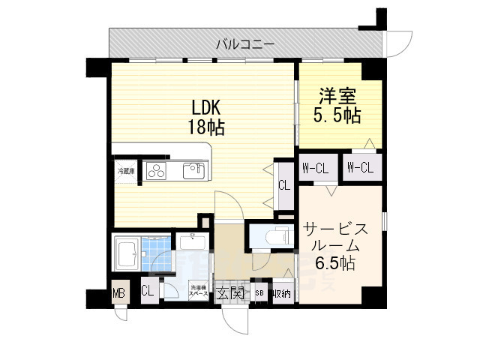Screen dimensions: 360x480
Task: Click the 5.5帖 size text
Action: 337,115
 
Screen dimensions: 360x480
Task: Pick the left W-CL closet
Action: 315,168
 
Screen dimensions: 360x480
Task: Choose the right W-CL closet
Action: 361,168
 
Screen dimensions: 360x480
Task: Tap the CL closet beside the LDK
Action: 284,185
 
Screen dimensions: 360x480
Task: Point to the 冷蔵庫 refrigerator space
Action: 125,171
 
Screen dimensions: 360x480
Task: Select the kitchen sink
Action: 194,170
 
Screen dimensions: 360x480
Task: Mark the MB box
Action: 118,292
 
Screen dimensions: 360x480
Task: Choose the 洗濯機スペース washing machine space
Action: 198,292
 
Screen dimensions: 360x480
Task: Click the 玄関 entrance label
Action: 229,292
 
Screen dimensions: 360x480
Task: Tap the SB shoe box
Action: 259,293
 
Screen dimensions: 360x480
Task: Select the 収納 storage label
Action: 281,293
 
